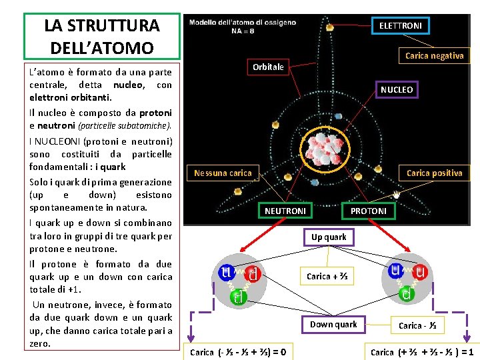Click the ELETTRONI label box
pyautogui.click(x=400, y=25)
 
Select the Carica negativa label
pyautogui.click(x=434, y=56)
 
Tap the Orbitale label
pyautogui.click(x=268, y=67)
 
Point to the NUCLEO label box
pyautogui.click(x=397, y=89)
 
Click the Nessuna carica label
pyautogui.click(x=223, y=173)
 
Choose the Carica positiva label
pyautogui.click(x=434, y=173)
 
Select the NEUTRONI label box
pyautogui.click(x=285, y=211)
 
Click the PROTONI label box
pyautogui.click(x=368, y=211)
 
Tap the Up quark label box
pyautogui.click(x=329, y=237)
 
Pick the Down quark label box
pyautogui.click(x=333, y=325)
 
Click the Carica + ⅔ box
pyautogui.click(x=327, y=276)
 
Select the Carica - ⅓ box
pyautogui.click(x=417, y=325)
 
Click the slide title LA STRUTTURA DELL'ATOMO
pyautogui.click(x=102, y=36)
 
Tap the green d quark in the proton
pyautogui.click(x=405, y=293)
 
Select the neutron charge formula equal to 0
pyautogui.click(x=239, y=351)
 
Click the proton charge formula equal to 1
pyautogui.click(x=422, y=351)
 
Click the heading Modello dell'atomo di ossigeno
pyautogui.click(x=243, y=27)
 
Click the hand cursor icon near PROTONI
pyautogui.click(x=395, y=196)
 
